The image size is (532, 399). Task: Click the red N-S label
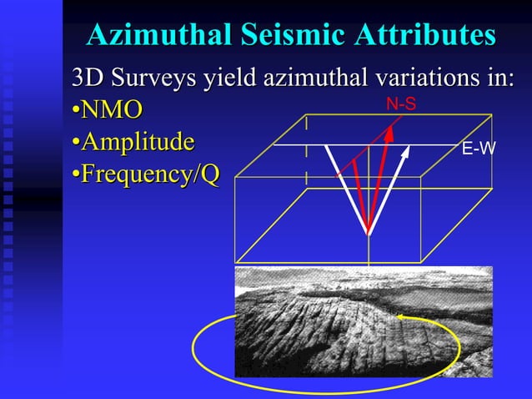point(400,104)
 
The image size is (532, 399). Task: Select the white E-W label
point(478,149)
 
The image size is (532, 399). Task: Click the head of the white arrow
point(407,151)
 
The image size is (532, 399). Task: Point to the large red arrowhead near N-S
point(389,134)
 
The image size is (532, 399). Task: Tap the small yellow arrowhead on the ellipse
point(401,316)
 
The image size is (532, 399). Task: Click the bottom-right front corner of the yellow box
point(424,263)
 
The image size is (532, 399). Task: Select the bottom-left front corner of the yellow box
point(236,263)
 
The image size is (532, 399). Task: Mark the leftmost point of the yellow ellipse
point(193,351)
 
